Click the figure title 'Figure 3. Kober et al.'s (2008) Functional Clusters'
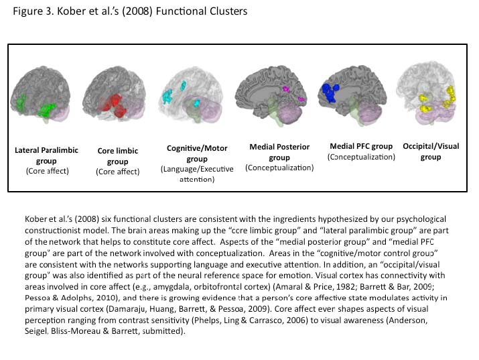[x=130, y=11]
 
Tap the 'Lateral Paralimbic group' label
[x=46, y=156]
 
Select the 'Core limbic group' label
[x=118, y=156]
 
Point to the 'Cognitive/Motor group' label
[x=197, y=154]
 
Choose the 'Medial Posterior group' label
[x=279, y=152]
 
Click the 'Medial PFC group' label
[x=361, y=146]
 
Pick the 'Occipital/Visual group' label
[x=431, y=152]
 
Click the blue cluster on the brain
[x=330, y=93]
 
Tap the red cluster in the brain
[x=114, y=105]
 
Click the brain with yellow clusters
[x=427, y=93]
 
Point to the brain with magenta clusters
[x=272, y=95]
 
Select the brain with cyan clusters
[x=191, y=95]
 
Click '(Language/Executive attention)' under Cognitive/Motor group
[x=197, y=174]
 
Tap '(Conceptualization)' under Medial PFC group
[x=361, y=157]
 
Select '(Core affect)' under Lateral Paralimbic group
[x=48, y=171]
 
